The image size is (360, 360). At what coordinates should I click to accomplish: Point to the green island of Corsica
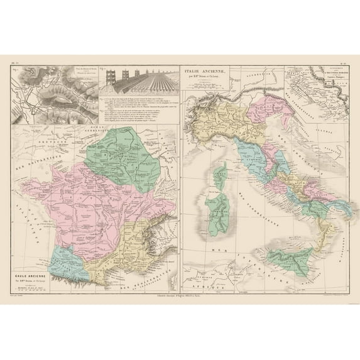coord(221,172)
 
